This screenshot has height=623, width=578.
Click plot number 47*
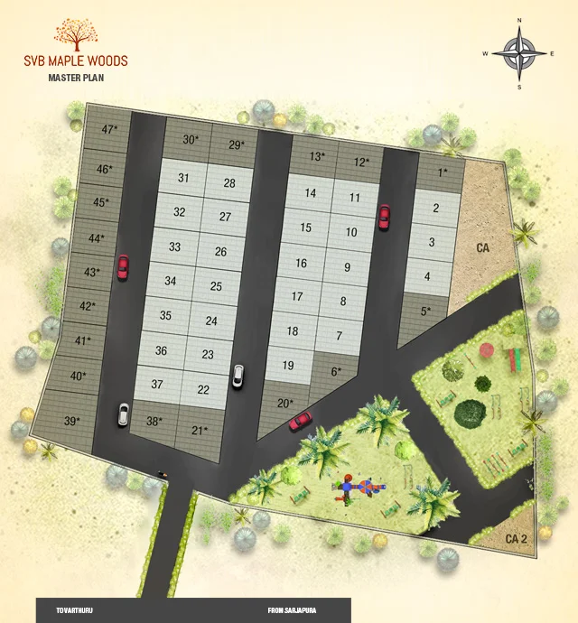tap(108, 129)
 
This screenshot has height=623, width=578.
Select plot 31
tap(183, 178)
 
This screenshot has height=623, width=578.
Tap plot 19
tap(288, 366)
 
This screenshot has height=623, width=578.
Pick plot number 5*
tap(425, 311)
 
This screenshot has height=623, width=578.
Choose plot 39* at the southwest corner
tap(71, 421)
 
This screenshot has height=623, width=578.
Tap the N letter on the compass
tap(519, 19)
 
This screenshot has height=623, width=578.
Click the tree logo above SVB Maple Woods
tap(77, 34)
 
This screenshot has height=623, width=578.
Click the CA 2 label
tap(516, 539)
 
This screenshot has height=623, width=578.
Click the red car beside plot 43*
tap(123, 266)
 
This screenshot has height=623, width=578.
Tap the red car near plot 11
tap(384, 216)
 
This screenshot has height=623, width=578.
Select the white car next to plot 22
tap(238, 376)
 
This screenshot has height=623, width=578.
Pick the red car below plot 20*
tap(300, 420)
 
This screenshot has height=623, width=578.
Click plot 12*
tap(361, 163)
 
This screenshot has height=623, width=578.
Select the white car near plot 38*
tap(123, 414)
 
